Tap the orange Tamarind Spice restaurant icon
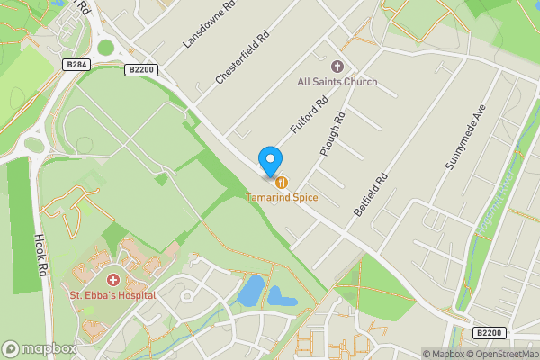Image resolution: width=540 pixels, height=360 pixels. pos(282,183)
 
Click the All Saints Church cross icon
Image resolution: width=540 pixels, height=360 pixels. pos(337,67)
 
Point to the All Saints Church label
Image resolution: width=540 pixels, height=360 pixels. pos(337,82)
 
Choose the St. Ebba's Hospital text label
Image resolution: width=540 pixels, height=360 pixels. pos(113,294)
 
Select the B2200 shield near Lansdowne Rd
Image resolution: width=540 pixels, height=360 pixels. pos(142,69)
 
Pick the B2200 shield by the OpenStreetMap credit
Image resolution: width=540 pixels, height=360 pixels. pos(489,332)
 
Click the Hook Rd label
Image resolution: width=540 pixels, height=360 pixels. pos(40,255)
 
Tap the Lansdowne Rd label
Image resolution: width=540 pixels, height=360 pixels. pos(208,24)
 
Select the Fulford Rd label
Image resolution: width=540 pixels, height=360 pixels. pos(306,119)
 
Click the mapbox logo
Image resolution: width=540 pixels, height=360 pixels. pos(40,348)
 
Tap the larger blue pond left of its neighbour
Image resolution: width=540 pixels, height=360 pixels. pos(251,291)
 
